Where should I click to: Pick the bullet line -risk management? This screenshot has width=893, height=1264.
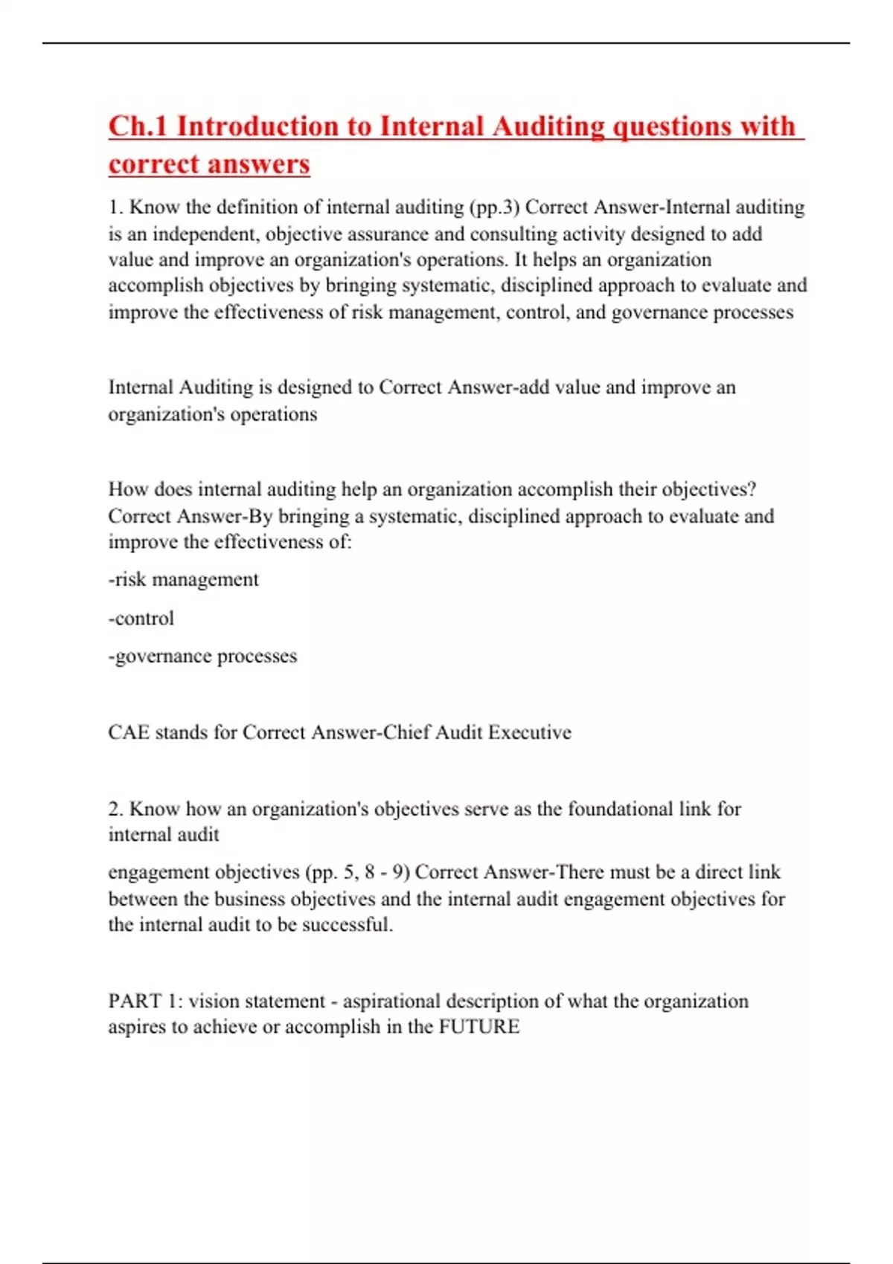click(x=183, y=579)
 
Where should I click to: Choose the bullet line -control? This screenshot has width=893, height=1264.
click(x=141, y=618)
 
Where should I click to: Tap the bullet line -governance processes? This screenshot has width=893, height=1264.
click(x=202, y=656)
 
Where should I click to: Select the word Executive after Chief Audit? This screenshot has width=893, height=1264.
click(x=529, y=732)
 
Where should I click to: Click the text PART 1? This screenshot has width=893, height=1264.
click(x=145, y=1001)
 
